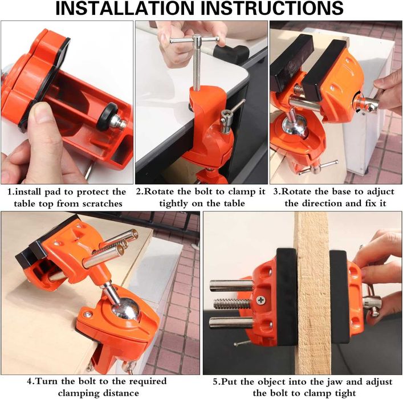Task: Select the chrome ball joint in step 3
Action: point(295,126)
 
